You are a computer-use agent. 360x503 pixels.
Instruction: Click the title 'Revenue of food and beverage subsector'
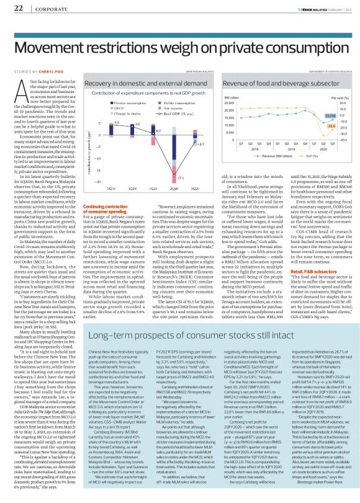[x=270, y=83]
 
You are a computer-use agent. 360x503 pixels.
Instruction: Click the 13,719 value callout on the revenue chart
[x=330, y=116]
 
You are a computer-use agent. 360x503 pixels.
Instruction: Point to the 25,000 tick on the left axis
[x=230, y=104]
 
